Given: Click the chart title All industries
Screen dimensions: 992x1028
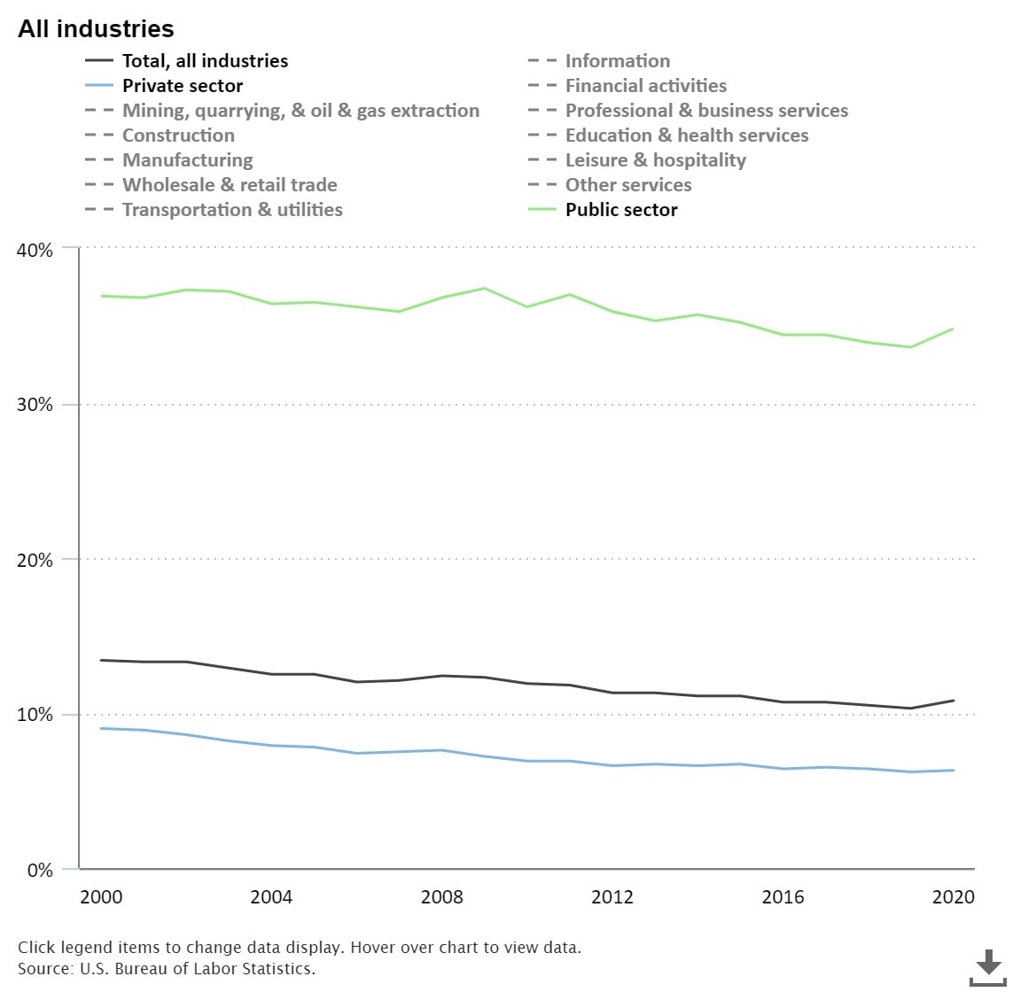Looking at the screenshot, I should tap(96, 29).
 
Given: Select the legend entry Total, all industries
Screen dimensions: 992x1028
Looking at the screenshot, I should tap(205, 61).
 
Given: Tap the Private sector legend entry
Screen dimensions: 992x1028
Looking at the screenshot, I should tap(182, 86).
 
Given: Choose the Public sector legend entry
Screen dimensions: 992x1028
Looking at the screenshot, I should tap(621, 210).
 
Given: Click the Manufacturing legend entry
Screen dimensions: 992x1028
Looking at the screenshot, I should tap(187, 160).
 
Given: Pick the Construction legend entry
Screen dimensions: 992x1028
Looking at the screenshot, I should tap(178, 136).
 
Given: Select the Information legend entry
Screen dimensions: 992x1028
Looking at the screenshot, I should tap(618, 61).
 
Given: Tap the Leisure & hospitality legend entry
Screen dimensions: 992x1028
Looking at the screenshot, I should tap(656, 160).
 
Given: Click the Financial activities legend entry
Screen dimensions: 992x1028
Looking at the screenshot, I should tap(646, 86).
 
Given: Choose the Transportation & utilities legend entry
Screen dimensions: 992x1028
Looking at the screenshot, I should tap(232, 210).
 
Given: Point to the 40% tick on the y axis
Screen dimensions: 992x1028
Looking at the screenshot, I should tap(35, 250).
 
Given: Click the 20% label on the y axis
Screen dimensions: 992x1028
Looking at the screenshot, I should tap(35, 560).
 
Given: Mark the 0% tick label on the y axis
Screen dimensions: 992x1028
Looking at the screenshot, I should tap(40, 870).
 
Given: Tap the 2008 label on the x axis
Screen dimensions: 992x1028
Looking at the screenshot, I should tap(441, 897).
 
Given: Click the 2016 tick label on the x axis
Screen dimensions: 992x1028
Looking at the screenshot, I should tap(783, 897).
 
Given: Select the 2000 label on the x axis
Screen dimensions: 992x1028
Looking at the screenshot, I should tap(101, 897).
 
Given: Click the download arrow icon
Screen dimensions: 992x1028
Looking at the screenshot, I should tap(988, 965).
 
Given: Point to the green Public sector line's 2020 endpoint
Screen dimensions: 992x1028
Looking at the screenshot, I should tap(954, 329).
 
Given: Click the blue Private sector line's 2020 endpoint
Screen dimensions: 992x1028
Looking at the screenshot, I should tap(954, 771).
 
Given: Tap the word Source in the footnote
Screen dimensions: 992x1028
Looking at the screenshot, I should tap(44, 969).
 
